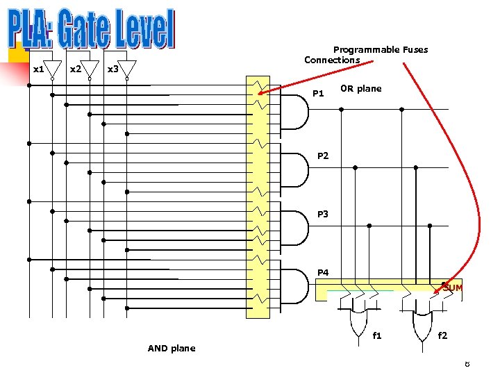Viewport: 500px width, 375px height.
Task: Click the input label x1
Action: coord(39,69)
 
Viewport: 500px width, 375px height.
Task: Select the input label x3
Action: coord(113,69)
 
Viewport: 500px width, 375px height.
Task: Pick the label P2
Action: coord(323,156)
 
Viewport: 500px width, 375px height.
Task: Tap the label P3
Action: coord(323,214)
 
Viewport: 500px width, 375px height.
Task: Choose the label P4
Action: coord(323,272)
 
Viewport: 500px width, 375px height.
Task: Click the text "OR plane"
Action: coord(360,88)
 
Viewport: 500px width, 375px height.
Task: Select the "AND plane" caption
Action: coord(172,348)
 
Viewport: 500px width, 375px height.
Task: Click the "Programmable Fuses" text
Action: coord(381,49)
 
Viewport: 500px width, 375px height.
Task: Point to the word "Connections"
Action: coord(332,60)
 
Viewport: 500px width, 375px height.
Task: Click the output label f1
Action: coord(377,335)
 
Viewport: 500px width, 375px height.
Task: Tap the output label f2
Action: coord(442,335)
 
